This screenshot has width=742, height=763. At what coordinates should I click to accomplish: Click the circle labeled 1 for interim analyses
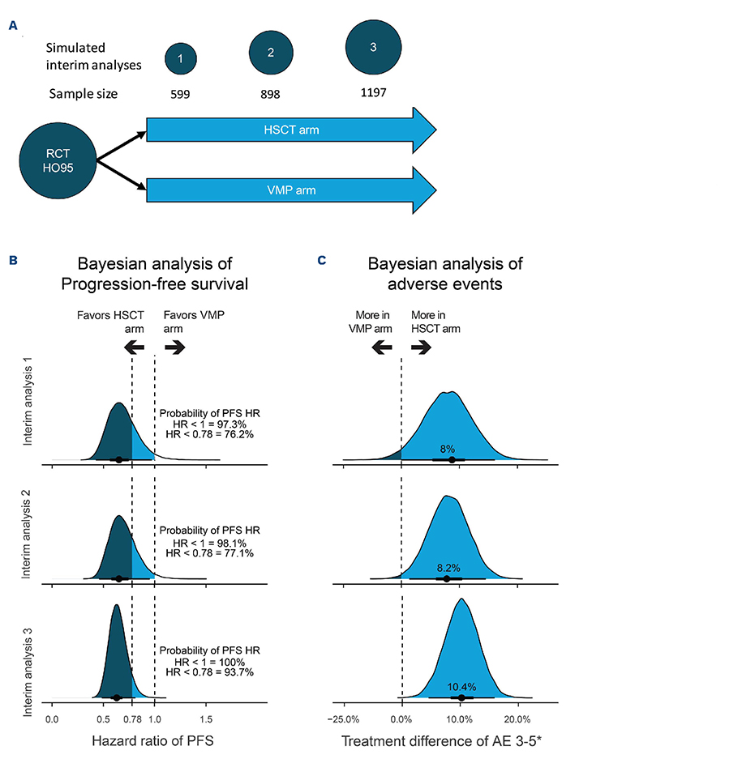[180, 59]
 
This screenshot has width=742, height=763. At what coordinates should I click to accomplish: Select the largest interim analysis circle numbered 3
[372, 48]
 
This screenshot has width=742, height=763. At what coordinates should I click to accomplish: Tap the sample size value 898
[271, 94]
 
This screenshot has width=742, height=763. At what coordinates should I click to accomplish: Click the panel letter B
[13, 261]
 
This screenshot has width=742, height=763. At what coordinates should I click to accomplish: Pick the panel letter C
[322, 261]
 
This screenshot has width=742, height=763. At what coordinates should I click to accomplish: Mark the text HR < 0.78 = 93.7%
[209, 671]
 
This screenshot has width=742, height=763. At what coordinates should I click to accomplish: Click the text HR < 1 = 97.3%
[209, 424]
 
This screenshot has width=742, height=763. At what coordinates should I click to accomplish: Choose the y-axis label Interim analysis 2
[28, 538]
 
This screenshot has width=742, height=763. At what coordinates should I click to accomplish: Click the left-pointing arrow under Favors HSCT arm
[134, 347]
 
